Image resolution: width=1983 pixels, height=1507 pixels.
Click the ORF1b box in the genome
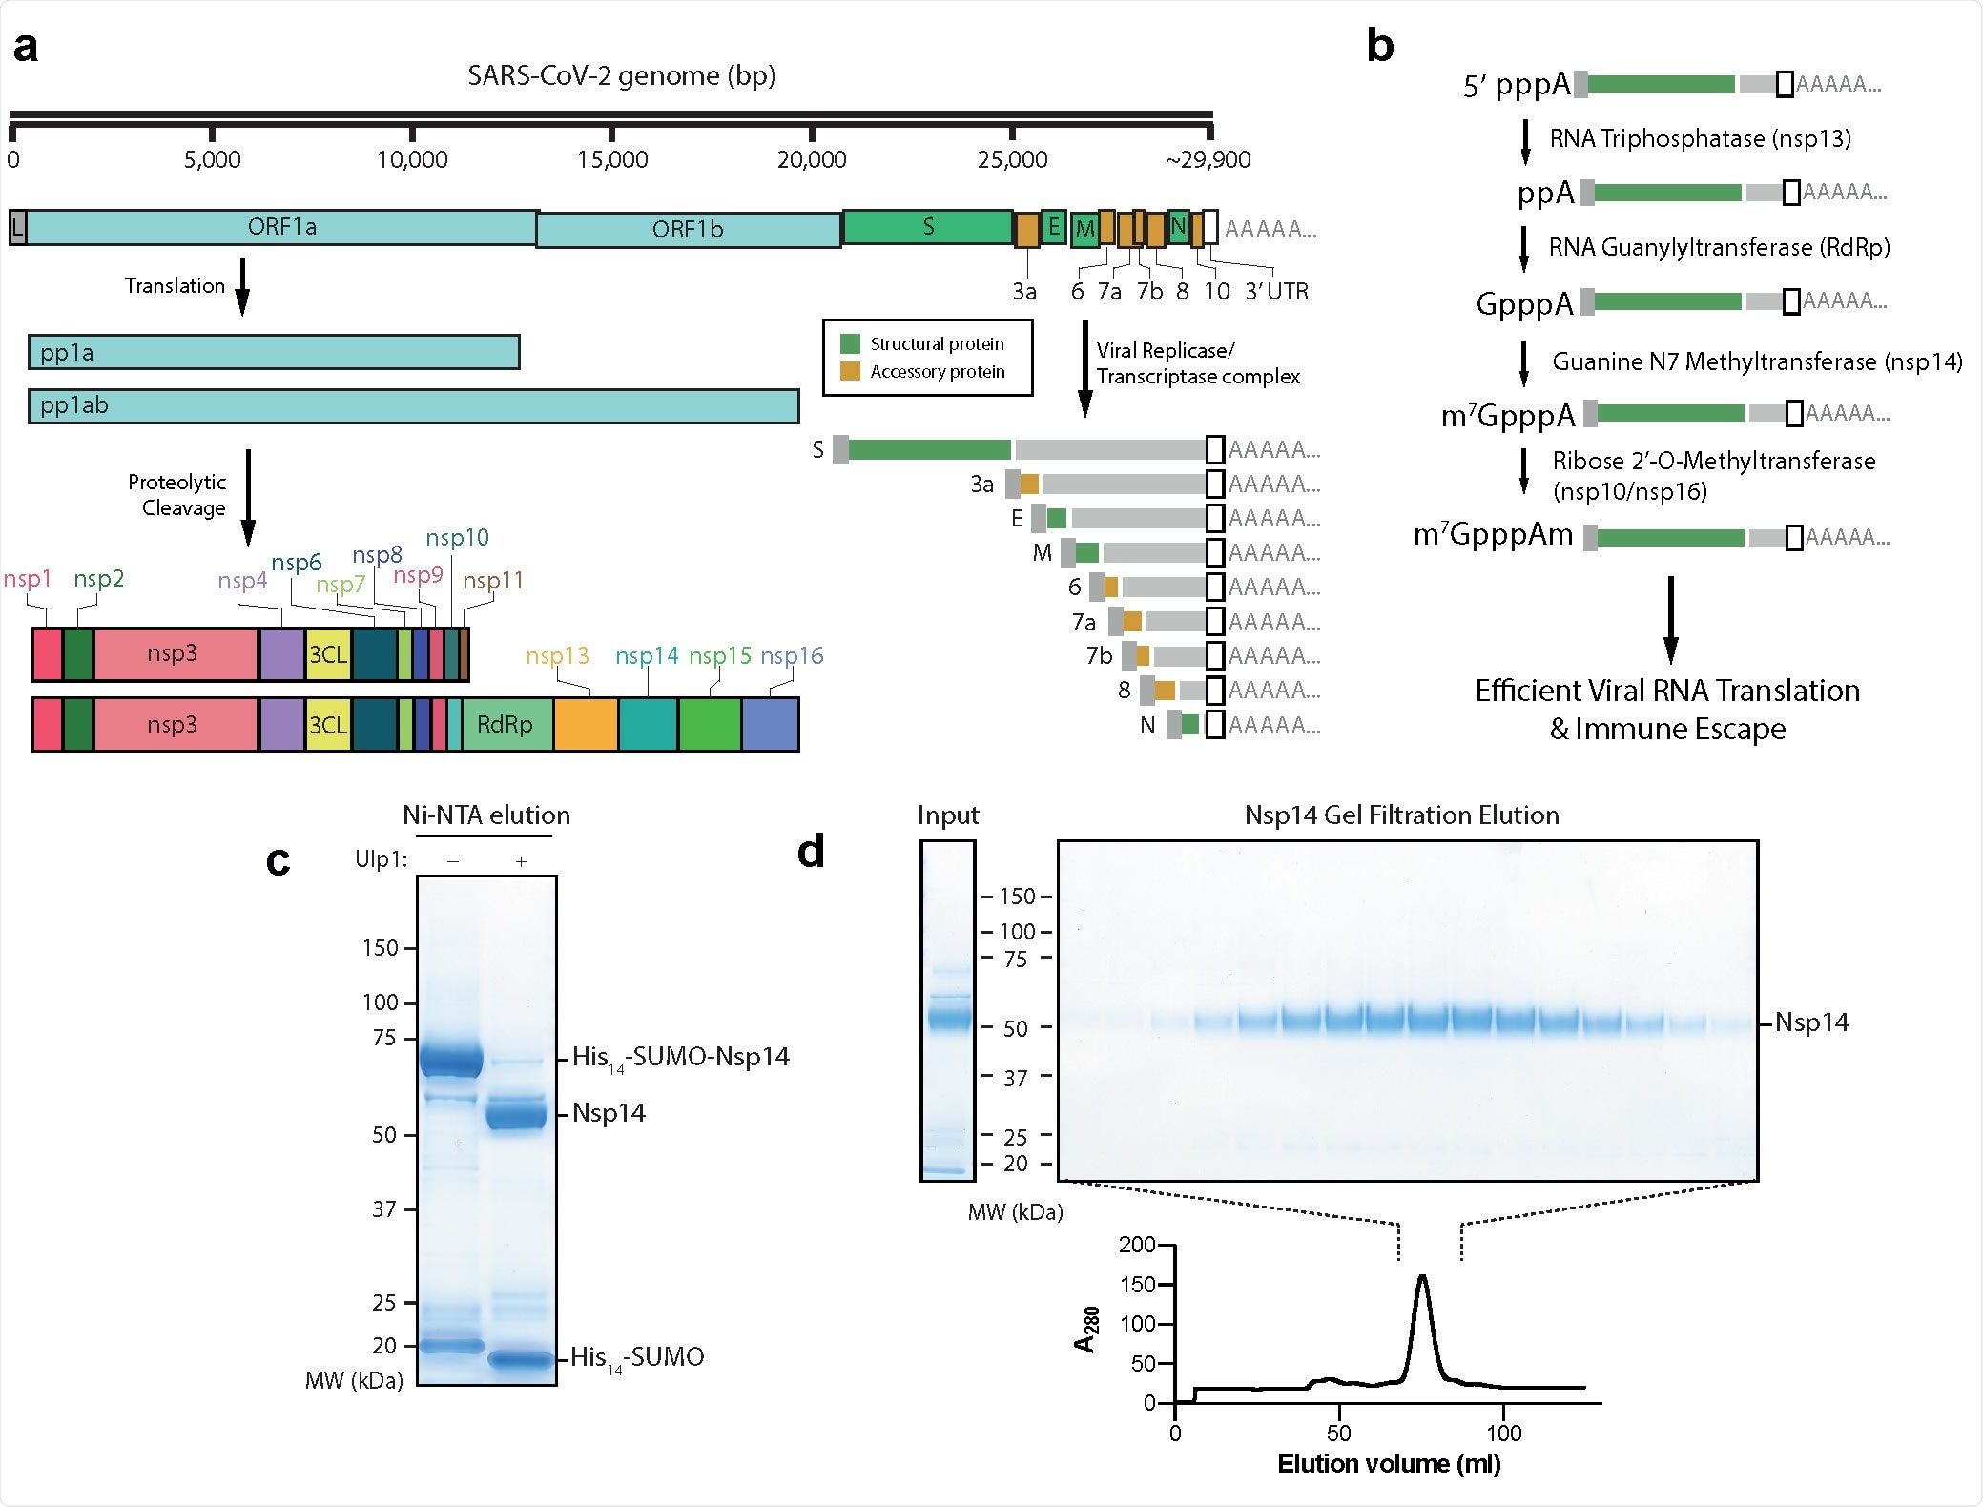688,230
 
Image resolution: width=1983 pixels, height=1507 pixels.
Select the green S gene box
927,227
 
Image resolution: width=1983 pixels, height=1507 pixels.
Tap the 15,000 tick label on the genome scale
611,160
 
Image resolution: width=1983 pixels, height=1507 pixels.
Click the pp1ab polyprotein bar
413,406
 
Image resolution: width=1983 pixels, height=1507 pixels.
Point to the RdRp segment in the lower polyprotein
505,725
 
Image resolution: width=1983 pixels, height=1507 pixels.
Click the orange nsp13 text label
557,656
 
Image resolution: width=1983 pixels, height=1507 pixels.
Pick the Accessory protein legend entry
937,372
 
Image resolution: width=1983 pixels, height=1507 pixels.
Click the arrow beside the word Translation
242,286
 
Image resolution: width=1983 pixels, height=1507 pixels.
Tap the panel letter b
1380,46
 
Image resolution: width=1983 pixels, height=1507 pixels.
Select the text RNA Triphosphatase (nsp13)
1700,139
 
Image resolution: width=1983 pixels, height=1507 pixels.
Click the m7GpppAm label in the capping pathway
1493,535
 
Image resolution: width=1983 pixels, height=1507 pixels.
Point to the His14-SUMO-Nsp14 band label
680,1058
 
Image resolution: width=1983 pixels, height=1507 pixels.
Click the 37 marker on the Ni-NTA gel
384,1209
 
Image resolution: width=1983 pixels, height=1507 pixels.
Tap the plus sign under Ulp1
521,861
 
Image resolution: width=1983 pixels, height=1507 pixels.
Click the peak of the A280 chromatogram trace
1422,1276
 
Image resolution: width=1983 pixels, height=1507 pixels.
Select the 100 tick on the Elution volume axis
1503,1433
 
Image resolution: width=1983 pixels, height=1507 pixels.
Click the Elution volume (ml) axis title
1389,1464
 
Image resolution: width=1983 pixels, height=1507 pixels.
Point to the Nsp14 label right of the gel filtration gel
1811,1023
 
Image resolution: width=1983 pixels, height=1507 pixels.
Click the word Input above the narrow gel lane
947,815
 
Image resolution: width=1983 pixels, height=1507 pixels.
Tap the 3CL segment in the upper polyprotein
328,654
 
